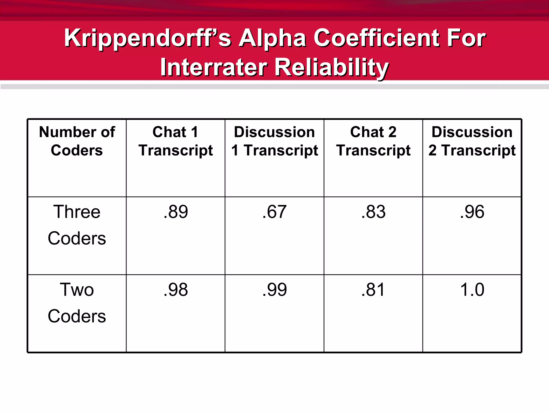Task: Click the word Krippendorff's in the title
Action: pyautogui.click(x=147, y=38)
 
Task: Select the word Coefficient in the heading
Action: pyautogui.click(x=376, y=38)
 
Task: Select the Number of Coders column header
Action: pyautogui.click(x=77, y=141)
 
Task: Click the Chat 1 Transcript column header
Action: pyautogui.click(x=176, y=141)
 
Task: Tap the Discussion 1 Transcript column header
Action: pyautogui.click(x=274, y=141)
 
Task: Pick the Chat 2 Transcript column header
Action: pyautogui.click(x=373, y=141)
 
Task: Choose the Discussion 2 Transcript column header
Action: pyautogui.click(x=472, y=141)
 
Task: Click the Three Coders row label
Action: pyautogui.click(x=77, y=225)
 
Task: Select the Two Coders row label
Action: pyautogui.click(x=77, y=303)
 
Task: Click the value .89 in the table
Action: pyautogui.click(x=176, y=212)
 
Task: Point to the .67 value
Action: pyautogui.click(x=274, y=212)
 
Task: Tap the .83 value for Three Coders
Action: pyautogui.click(x=373, y=212)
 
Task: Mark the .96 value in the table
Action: pyautogui.click(x=472, y=212)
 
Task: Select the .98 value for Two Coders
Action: pyautogui.click(x=176, y=290)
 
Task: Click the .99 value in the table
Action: pyautogui.click(x=274, y=290)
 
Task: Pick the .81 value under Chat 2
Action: pyautogui.click(x=373, y=290)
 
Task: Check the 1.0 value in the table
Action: pyautogui.click(x=472, y=290)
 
